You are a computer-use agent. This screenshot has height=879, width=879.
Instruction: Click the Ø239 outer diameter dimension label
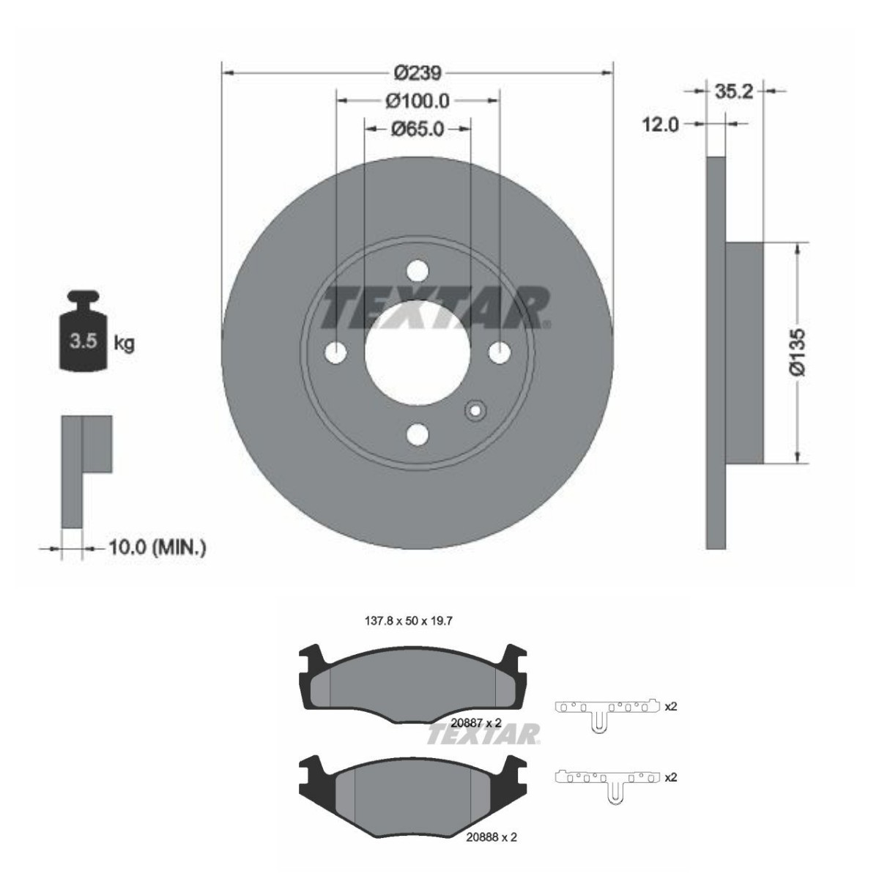417,73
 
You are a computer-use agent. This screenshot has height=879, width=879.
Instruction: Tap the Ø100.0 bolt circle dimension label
417,100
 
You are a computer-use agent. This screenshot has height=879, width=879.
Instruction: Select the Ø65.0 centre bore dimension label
417,129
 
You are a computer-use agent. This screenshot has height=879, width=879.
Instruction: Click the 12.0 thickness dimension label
660,125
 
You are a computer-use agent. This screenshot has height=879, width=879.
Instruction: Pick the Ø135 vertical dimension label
798,352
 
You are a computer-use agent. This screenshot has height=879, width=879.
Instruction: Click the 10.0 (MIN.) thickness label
157,547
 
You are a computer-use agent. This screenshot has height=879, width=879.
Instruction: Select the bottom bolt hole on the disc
417,434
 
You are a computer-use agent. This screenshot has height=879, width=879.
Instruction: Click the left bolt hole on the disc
335,352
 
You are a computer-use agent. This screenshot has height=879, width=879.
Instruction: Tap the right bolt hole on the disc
499,352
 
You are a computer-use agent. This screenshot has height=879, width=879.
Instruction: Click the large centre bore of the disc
417,352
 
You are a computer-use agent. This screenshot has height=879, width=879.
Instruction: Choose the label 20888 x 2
492,837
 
